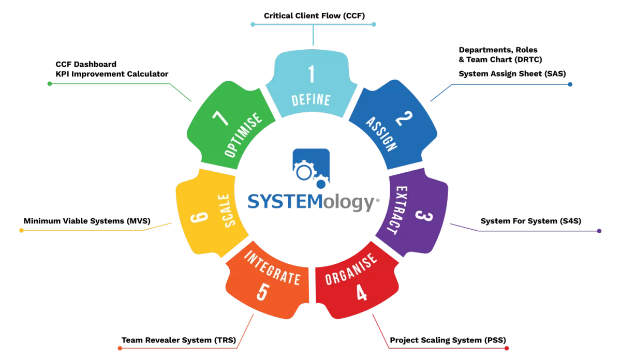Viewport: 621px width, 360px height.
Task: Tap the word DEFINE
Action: [x=311, y=99]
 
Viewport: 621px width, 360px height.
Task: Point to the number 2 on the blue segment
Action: [x=402, y=121]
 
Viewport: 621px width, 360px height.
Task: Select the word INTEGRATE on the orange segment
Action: [x=271, y=268]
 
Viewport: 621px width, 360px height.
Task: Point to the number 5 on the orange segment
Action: [x=262, y=292]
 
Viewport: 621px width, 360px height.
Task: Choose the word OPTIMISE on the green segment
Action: [x=243, y=136]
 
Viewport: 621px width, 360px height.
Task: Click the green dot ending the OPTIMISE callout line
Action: [x=50, y=83]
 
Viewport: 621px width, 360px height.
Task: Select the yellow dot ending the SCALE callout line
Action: [x=22, y=231]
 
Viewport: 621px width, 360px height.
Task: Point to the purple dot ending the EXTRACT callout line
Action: [x=599, y=231]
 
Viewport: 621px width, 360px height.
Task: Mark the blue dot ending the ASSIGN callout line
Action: [x=570, y=84]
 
